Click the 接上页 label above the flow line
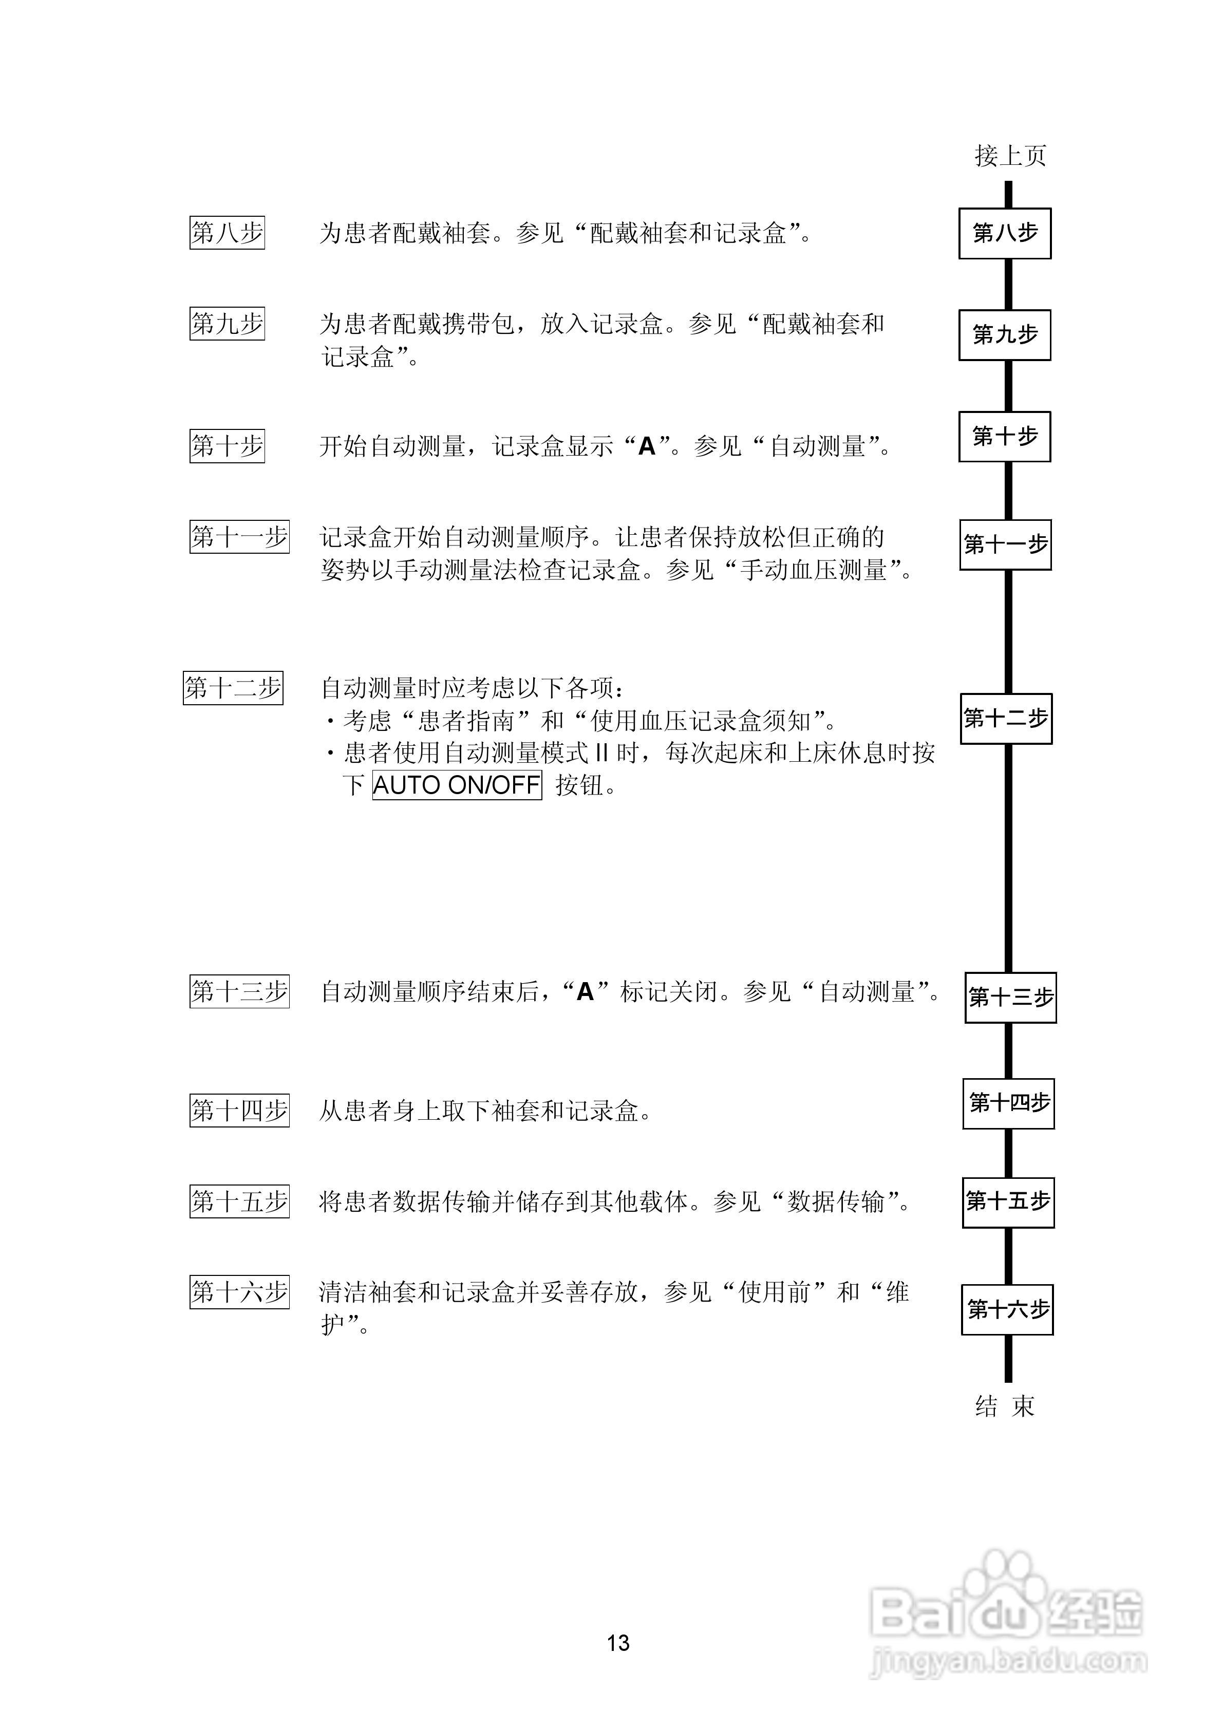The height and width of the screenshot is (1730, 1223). (1010, 156)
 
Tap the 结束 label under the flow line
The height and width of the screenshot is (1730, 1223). (1005, 1406)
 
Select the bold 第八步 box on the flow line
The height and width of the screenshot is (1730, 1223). (1005, 234)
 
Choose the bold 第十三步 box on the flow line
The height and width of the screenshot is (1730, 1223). (1010, 998)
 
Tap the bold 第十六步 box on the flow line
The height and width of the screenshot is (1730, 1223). (1007, 1309)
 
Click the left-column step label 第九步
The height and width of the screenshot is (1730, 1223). (227, 324)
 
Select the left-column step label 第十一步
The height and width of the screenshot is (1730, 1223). (239, 537)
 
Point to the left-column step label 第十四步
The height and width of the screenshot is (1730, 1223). (239, 1111)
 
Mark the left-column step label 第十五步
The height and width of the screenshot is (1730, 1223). (239, 1201)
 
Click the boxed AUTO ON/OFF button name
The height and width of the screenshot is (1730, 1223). (457, 785)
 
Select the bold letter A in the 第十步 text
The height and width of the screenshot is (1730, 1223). (647, 447)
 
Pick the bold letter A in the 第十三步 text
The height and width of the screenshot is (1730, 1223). (585, 992)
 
